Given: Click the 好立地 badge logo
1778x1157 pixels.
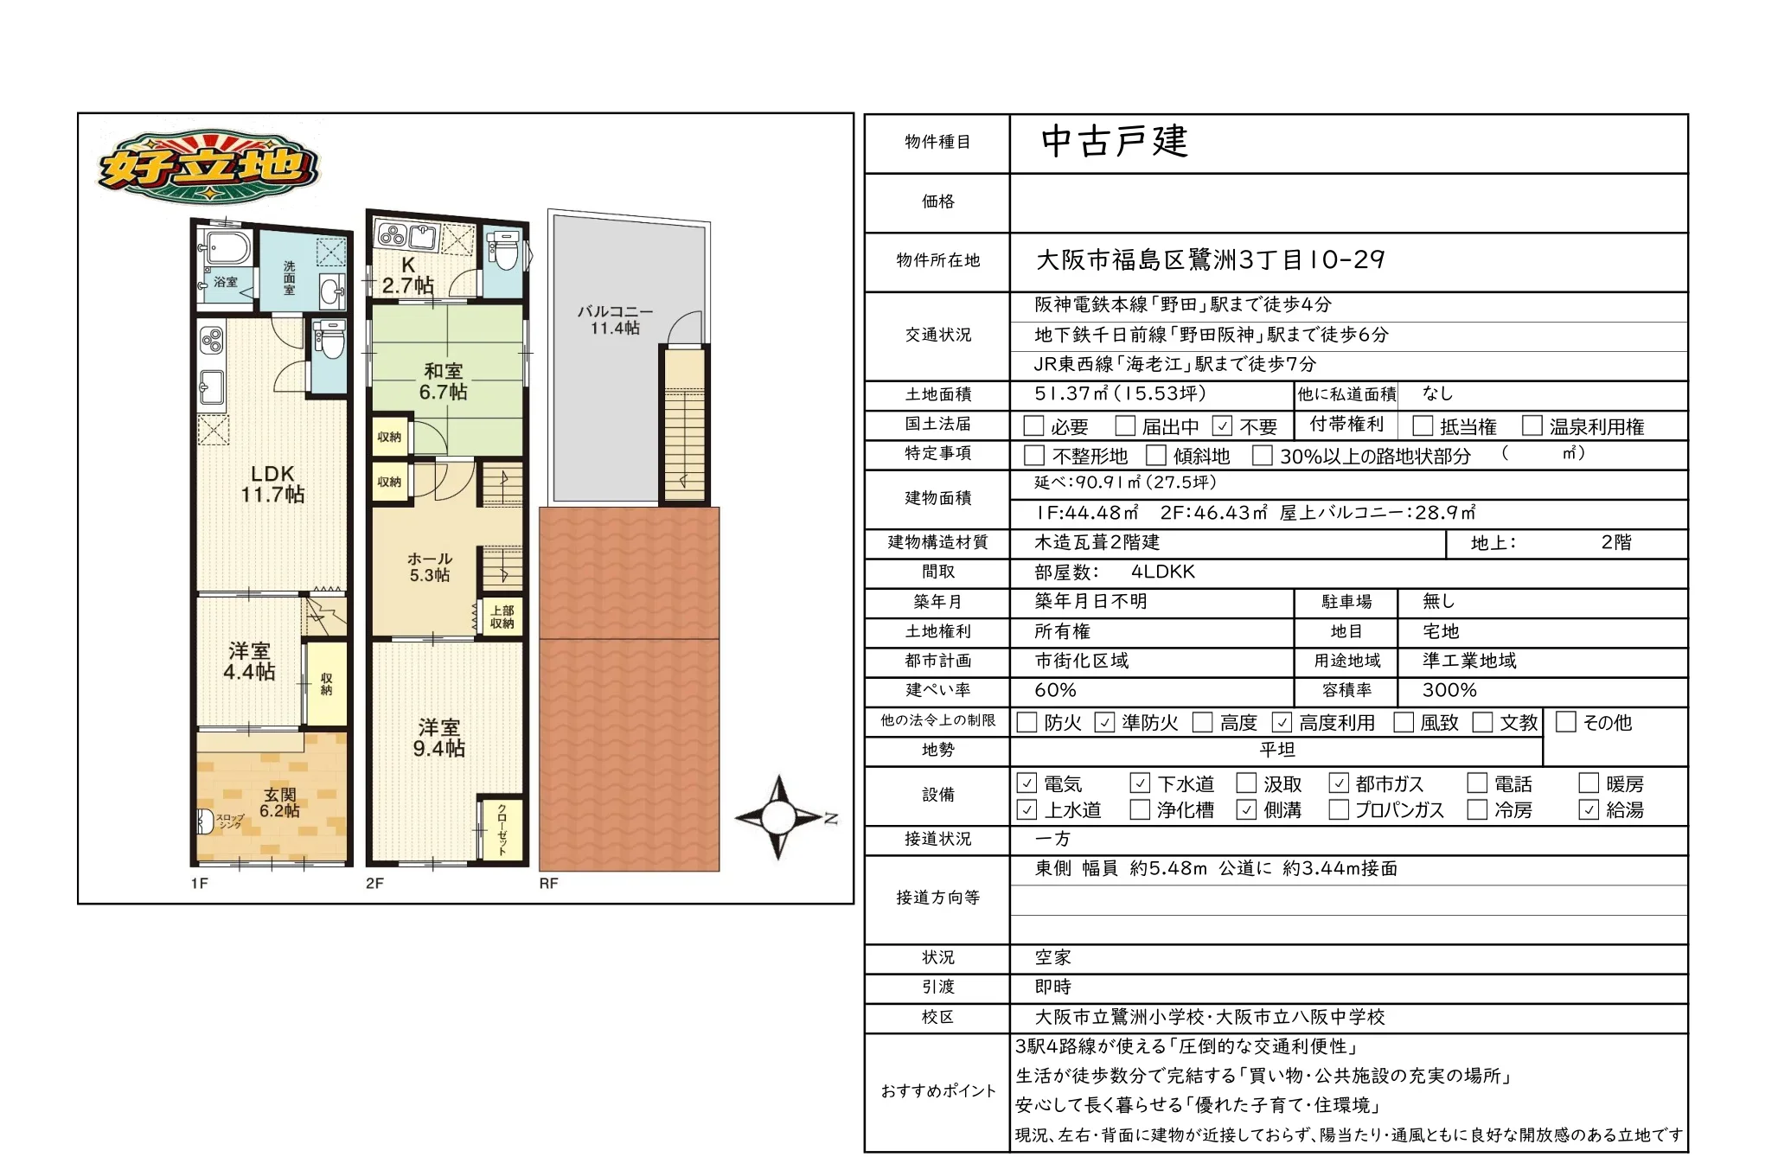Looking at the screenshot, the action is [208, 168].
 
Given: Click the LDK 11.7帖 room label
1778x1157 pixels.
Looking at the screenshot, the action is [272, 484].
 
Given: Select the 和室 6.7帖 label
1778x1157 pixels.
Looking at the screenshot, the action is [444, 381].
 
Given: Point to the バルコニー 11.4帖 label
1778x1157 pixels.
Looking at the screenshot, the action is [616, 319].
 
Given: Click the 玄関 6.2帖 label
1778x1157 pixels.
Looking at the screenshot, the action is [280, 802].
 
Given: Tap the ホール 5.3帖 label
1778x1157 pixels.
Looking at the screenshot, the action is [430, 566].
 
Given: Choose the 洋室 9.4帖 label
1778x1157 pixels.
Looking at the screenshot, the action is [438, 738].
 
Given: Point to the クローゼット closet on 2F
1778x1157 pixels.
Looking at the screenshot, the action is [502, 828].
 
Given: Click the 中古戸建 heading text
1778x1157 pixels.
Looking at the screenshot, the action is [1115, 141].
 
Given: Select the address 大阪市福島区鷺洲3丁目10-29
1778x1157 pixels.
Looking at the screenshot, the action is [1210, 259].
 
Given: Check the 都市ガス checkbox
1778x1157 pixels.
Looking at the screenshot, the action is [1339, 783].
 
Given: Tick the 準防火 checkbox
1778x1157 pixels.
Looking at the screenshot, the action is [1104, 722].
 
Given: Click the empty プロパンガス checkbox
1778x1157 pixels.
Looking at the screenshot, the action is [1339, 809].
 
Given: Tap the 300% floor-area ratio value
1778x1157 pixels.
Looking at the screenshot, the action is [1449, 690].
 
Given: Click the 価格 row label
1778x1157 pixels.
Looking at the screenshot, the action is [937, 201].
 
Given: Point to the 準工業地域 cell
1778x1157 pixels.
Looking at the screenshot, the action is [1469, 661].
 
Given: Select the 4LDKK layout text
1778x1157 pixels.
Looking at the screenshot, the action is [1162, 572].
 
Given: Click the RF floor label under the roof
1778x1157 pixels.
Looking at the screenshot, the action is [549, 883].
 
